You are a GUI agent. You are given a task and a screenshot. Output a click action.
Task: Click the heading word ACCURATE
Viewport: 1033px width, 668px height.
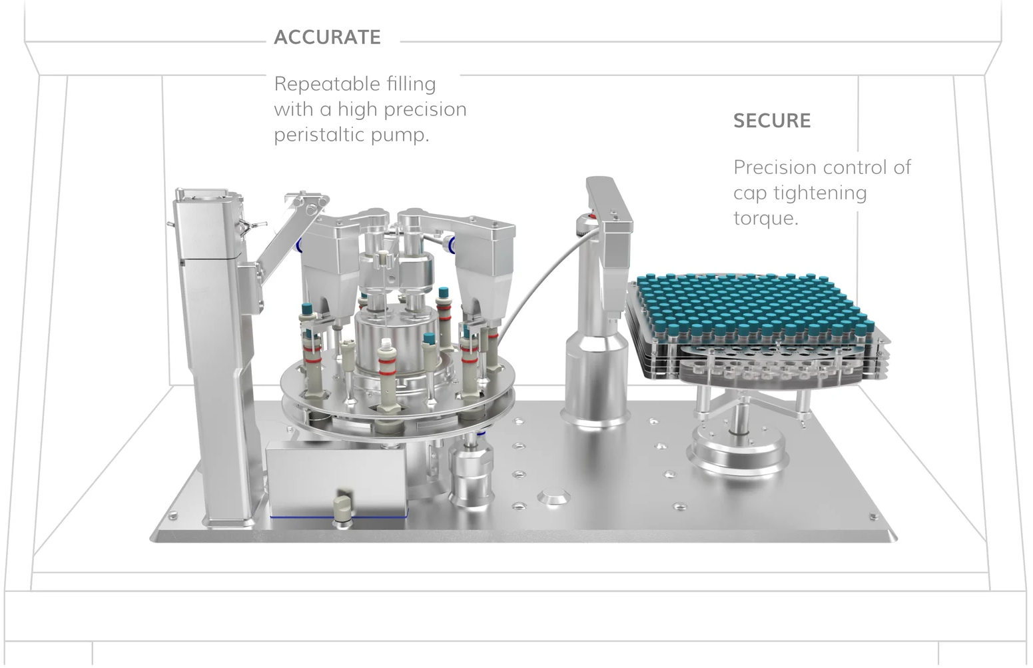328,37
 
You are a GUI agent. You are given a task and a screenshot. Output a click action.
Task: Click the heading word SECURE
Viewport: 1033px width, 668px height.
772,121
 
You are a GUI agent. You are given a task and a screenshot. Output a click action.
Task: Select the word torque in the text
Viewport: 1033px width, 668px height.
766,218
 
